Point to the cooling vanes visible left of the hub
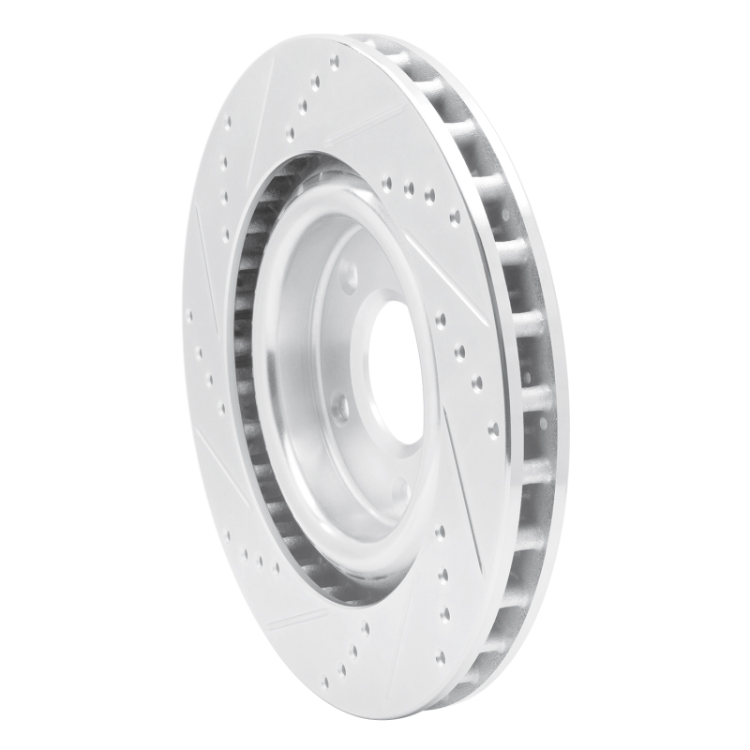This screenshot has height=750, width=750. [248, 375]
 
